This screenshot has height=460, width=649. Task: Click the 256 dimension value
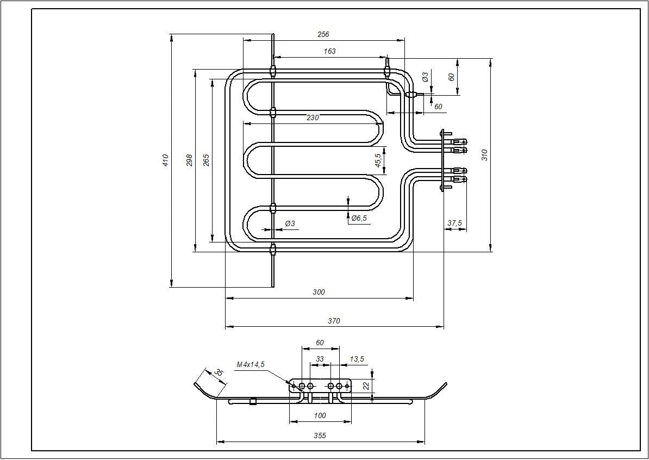click(x=323, y=34)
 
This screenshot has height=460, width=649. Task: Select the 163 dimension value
click(x=329, y=51)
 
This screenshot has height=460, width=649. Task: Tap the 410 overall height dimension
click(x=166, y=160)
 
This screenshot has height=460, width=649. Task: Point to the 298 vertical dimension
click(x=190, y=160)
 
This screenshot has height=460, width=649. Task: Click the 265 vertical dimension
click(x=206, y=160)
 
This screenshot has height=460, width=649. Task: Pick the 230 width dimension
click(x=313, y=117)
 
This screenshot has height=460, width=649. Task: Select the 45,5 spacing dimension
click(x=378, y=160)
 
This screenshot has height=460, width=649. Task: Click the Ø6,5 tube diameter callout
click(x=359, y=218)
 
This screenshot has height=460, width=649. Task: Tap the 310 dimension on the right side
click(x=485, y=154)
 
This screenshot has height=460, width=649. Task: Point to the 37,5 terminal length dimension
click(x=454, y=223)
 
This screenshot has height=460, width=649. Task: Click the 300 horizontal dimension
click(x=319, y=292)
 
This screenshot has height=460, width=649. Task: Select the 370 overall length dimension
click(x=334, y=321)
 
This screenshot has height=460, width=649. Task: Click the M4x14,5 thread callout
click(x=251, y=364)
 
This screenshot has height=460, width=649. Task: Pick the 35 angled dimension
click(x=218, y=373)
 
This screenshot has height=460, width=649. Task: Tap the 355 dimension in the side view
click(x=320, y=436)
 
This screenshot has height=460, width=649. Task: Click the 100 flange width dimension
click(x=320, y=415)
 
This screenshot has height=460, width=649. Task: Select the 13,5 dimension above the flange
click(x=357, y=359)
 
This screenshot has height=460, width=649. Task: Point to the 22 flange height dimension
click(x=366, y=386)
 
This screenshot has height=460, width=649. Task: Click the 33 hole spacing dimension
click(x=320, y=359)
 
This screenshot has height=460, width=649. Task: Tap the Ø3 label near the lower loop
click(x=290, y=223)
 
